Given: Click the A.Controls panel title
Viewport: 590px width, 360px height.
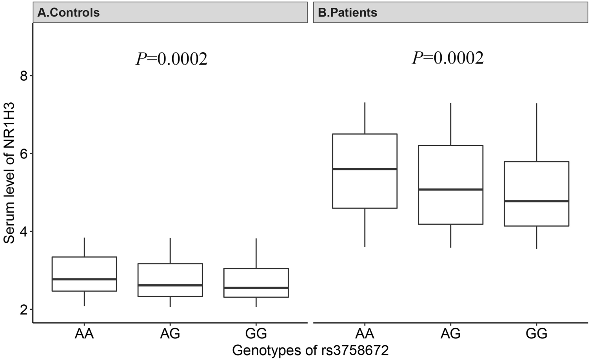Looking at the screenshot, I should click(69, 13).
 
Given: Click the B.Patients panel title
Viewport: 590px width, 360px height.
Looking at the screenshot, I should click(347, 13).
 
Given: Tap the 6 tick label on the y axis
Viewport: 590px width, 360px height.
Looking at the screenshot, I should click(25, 153).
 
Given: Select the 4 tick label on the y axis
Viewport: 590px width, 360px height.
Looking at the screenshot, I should click(25, 231).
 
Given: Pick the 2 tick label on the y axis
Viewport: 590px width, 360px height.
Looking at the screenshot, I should click(25, 309).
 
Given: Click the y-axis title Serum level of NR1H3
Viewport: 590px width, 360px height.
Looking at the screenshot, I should click(9, 173).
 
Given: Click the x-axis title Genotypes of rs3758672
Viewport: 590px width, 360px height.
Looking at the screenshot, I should click(310, 350).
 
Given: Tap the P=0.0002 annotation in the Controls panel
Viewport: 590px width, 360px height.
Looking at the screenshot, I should click(171, 59).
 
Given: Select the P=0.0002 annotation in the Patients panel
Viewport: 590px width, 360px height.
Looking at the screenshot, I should click(448, 58).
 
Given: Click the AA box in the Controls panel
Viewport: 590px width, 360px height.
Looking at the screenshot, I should click(84, 274).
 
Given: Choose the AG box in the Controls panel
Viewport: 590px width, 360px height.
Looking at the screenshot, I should click(170, 280).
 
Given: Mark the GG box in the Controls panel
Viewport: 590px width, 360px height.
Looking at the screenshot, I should click(256, 283).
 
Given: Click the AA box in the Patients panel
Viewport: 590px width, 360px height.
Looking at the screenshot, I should click(365, 171).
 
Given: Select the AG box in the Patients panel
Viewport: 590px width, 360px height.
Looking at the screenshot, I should click(450, 185).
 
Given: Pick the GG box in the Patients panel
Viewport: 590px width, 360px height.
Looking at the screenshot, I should click(536, 194).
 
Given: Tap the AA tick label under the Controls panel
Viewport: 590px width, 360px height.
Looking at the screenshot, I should click(84, 334).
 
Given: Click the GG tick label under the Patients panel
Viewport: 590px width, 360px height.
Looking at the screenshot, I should click(536, 334).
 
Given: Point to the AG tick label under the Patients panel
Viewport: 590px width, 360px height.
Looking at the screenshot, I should click(450, 334).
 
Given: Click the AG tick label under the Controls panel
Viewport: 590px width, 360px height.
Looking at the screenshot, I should click(170, 334).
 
